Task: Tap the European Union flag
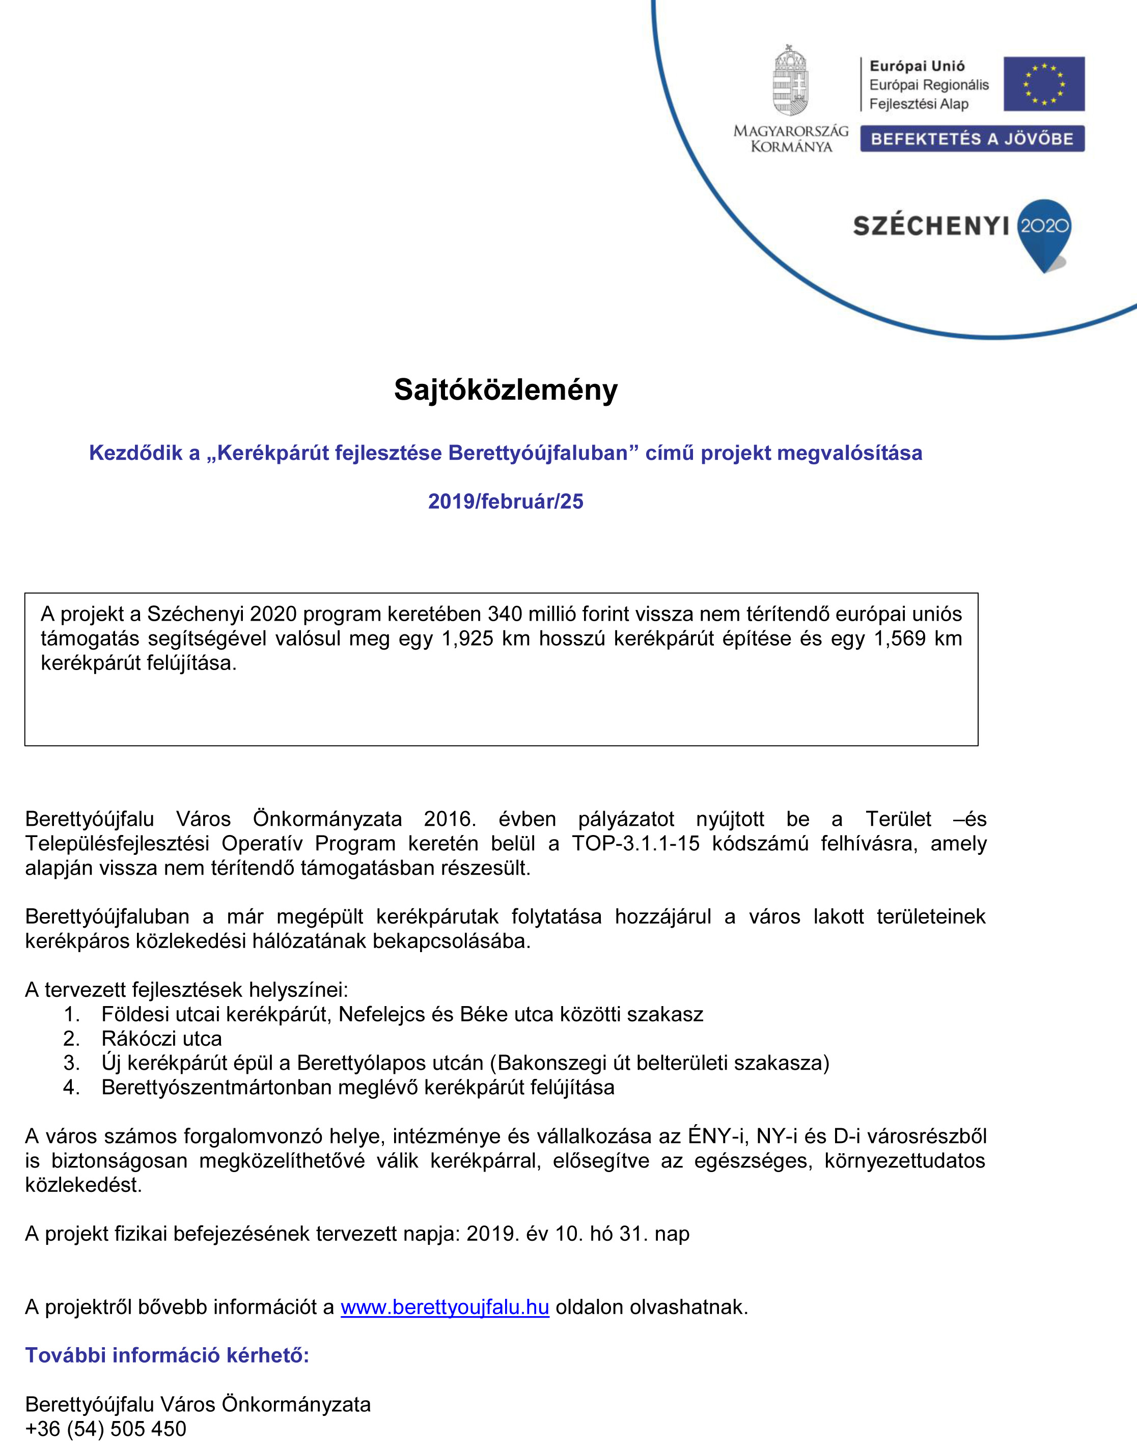tap(1044, 84)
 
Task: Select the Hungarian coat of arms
tap(790, 81)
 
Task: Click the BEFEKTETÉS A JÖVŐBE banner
tap(972, 138)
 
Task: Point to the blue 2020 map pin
tap(1044, 233)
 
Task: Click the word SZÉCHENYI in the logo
tap(931, 226)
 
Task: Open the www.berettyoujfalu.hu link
tap(445, 1306)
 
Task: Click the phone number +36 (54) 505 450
tap(106, 1428)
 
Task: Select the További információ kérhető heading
tap(167, 1355)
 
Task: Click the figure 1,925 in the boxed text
tap(466, 638)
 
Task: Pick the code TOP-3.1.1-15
tap(636, 843)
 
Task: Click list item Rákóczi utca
tap(162, 1038)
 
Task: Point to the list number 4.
tap(71, 1087)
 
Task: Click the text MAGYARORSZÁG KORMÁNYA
tap(791, 138)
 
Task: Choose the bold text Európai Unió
tap(917, 66)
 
